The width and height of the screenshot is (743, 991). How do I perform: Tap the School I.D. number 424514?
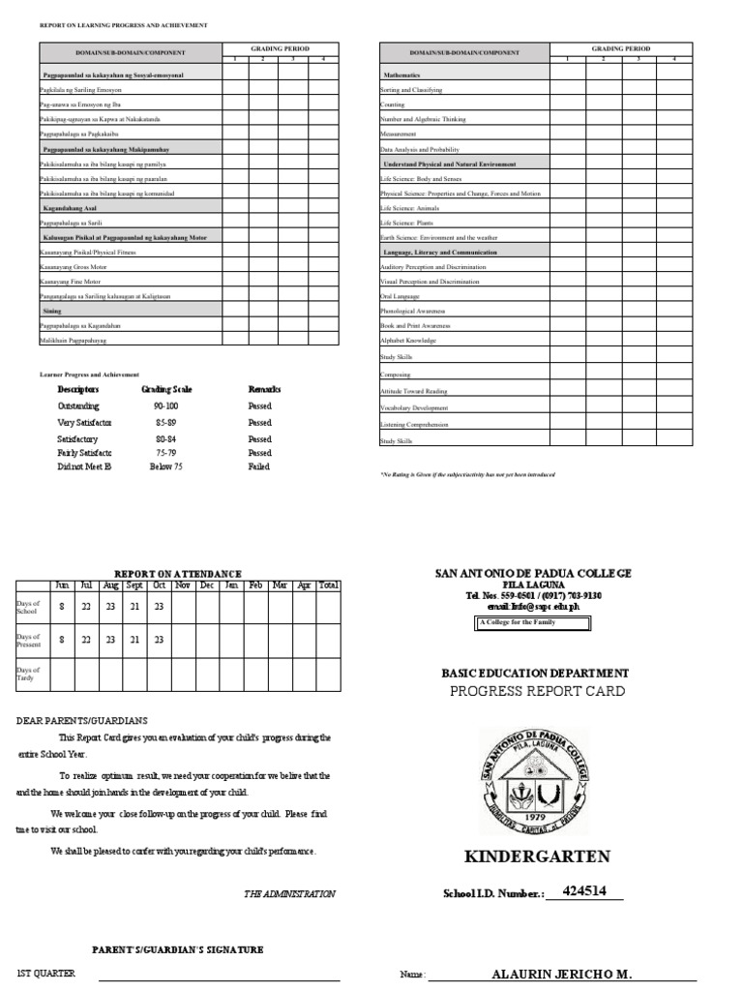(583, 891)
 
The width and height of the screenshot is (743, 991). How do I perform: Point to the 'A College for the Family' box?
(531, 623)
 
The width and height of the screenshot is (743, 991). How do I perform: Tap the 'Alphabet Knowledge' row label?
(408, 341)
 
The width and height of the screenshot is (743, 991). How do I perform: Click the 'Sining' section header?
(51, 311)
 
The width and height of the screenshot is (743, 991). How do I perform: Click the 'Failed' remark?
(259, 465)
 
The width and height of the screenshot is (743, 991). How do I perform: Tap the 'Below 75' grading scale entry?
(165, 465)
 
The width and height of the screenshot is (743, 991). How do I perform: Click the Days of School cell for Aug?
(110, 607)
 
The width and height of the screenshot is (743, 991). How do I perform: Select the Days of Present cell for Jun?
(62, 640)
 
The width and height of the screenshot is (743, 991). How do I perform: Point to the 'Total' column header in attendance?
(329, 586)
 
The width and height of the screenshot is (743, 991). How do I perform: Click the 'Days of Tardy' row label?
(27, 674)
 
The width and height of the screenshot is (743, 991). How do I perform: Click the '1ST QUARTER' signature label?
(46, 974)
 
